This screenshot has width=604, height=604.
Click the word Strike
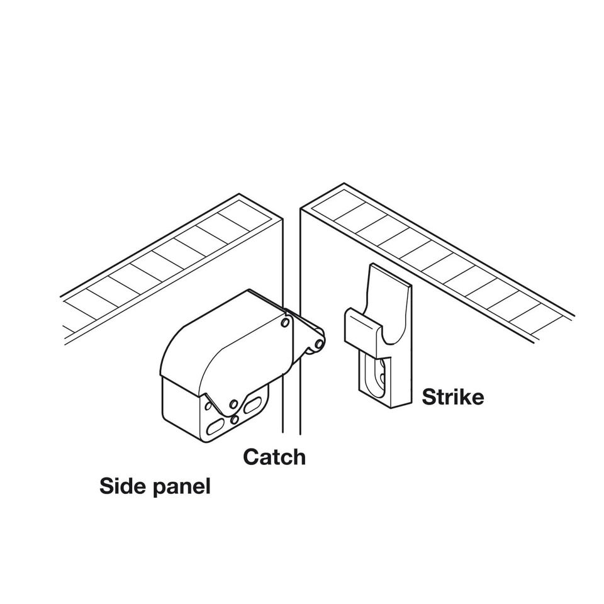452,397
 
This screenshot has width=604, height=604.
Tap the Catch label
274,456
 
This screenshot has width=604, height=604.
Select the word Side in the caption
122,486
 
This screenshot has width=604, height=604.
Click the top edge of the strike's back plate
390,276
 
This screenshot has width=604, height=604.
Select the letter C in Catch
251,456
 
